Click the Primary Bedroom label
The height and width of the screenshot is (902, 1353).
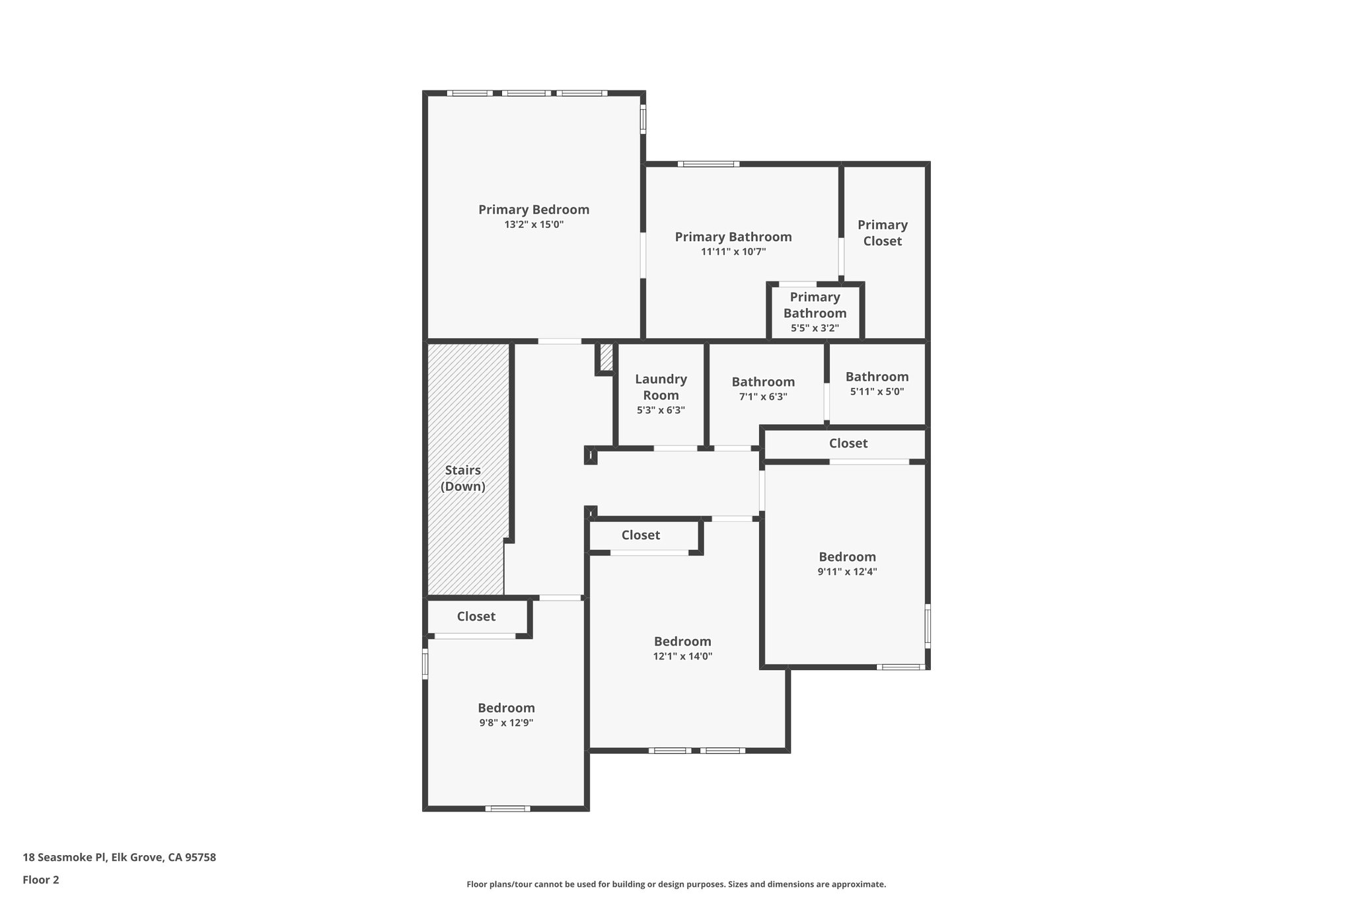(x=534, y=209)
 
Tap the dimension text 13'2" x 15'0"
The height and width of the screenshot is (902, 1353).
(x=534, y=225)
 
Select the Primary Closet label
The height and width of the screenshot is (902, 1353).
(x=882, y=233)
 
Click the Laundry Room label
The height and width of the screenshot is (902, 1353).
(x=661, y=387)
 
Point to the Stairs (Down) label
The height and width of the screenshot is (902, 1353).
(x=462, y=478)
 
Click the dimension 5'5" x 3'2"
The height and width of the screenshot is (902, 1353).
(x=815, y=328)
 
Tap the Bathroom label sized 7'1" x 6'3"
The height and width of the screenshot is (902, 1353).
(x=763, y=382)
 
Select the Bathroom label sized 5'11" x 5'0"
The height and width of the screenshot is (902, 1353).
(x=877, y=377)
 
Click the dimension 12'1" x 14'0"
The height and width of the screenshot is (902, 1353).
(x=682, y=656)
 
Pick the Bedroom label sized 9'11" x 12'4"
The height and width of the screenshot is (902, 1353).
(x=847, y=557)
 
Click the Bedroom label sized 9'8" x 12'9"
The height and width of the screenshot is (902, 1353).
(x=506, y=708)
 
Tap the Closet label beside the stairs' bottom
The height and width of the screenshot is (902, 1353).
(x=476, y=617)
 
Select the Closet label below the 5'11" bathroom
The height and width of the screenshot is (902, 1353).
(x=848, y=443)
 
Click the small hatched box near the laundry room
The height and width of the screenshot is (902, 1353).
(x=606, y=357)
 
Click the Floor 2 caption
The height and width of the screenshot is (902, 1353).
(x=41, y=880)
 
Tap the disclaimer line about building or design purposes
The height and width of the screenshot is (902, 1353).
(x=676, y=884)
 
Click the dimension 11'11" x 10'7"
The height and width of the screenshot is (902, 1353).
(x=733, y=252)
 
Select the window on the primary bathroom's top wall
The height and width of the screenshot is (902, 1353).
(x=708, y=164)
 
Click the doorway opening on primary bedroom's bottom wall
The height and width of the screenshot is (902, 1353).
(x=560, y=342)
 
